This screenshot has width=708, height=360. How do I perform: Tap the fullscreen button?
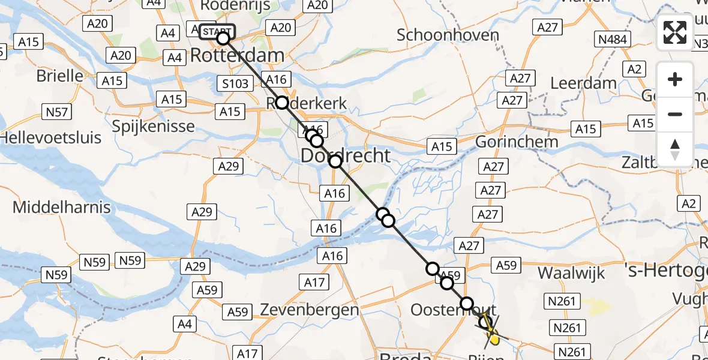pos(675,32)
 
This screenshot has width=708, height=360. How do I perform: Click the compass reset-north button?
pos(675,149)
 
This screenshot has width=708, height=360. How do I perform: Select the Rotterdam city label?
pos(237,56)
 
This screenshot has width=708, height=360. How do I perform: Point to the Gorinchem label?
pos(517,142)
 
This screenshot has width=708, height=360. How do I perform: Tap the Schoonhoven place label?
pos(448,35)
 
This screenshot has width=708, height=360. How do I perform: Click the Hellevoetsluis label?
pos(50,137)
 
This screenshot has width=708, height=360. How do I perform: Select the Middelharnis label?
pos(62,208)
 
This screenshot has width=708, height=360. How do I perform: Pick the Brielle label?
pos(60,76)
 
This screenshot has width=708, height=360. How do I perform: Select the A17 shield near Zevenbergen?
pos(314,283)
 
